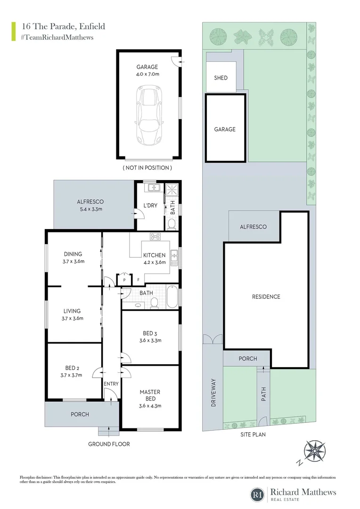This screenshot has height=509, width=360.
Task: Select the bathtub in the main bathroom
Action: point(172,298)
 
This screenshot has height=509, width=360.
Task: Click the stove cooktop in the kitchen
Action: point(155,237)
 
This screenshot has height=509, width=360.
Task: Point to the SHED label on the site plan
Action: point(221,78)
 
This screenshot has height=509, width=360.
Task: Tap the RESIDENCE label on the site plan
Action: point(266,297)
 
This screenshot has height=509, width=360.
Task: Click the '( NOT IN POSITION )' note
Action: point(147,168)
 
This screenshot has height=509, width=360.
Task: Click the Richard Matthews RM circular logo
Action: point(257,494)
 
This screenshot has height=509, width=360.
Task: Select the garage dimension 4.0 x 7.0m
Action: point(147,74)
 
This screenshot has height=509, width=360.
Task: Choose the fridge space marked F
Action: point(138,279)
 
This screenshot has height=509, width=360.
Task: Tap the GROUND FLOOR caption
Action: point(109,444)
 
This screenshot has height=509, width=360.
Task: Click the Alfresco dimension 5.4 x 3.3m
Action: point(90,209)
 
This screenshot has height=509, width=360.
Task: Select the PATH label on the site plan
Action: point(264,392)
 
